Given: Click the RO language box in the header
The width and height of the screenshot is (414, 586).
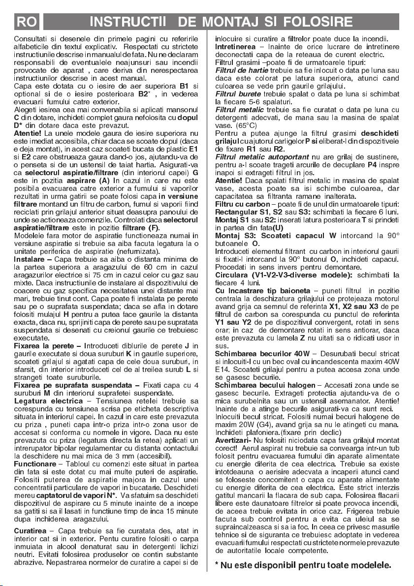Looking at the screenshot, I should tap(25, 22).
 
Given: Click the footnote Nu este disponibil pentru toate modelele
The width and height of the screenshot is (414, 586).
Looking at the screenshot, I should tap(303, 565).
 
